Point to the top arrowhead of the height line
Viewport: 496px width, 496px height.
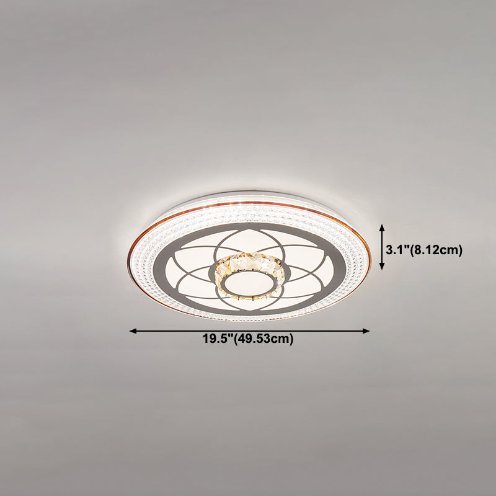pos(383,228)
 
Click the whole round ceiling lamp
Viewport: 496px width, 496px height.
pos(250,254)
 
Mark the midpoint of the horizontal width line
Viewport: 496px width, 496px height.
pos(250,332)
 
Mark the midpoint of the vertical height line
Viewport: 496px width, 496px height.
pos(383,247)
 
